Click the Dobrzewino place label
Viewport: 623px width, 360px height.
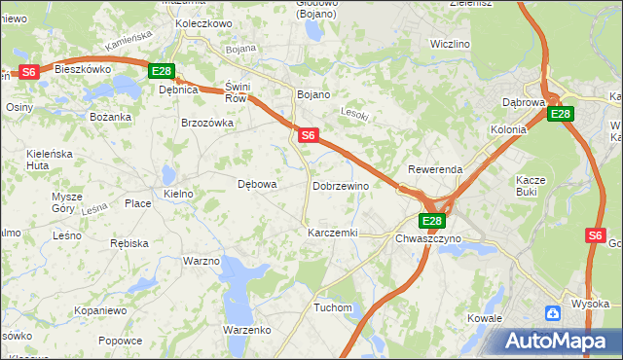tap(341, 185)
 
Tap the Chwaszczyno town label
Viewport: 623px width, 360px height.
tap(428, 237)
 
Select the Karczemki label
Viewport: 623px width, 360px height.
tap(333, 234)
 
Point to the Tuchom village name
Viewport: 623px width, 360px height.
tap(333, 307)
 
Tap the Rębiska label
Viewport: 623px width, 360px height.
tap(129, 243)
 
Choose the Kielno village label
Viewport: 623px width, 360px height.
tap(179, 194)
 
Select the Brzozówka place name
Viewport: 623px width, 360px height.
tap(207, 123)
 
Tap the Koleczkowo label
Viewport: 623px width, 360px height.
tap(203, 22)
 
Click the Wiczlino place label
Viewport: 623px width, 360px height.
tap(450, 44)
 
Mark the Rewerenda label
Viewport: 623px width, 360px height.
tap(435, 169)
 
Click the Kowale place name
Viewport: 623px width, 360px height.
tap(484, 318)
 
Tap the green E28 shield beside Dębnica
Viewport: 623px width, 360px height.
tap(162, 71)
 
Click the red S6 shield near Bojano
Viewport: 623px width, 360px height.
tap(308, 136)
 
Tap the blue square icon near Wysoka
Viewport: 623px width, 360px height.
tap(553, 313)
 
